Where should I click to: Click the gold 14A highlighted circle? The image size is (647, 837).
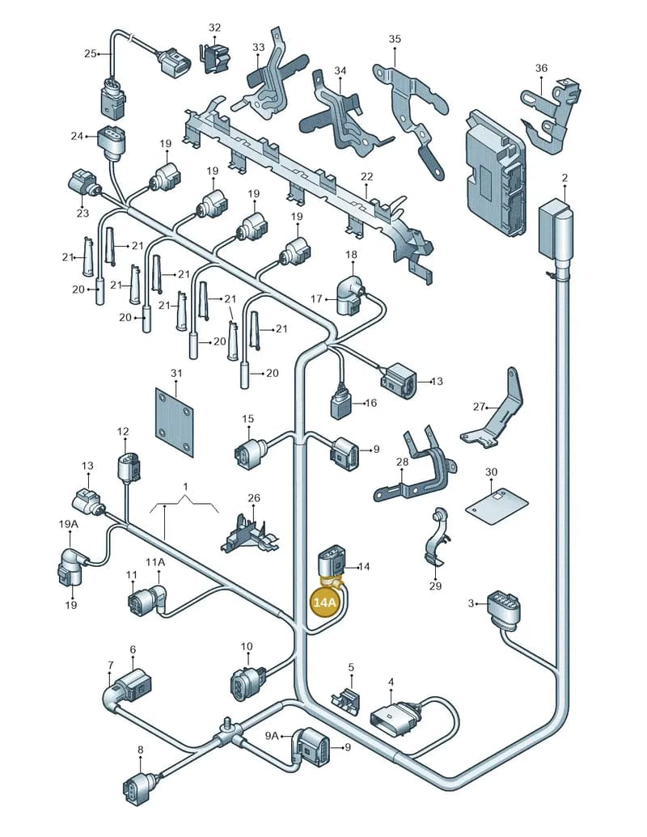(x=326, y=602)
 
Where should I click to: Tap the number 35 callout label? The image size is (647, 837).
(x=395, y=39)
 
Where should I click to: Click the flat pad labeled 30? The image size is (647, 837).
(x=497, y=504)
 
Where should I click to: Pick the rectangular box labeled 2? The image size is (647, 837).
(x=555, y=230)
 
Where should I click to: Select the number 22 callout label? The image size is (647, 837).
(x=366, y=176)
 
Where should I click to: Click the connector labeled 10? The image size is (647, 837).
(x=245, y=680)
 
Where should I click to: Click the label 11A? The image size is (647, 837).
(x=155, y=562)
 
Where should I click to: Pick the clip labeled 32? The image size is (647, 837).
(x=215, y=56)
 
